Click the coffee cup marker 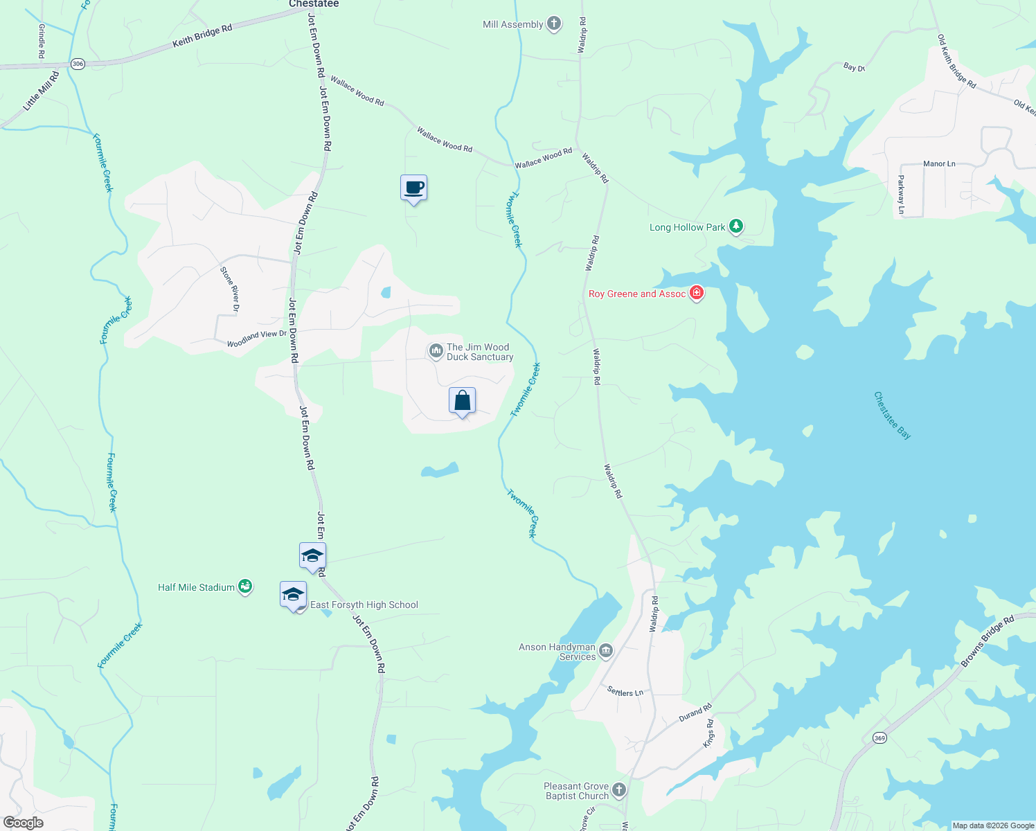[413, 188]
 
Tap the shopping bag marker [462, 401]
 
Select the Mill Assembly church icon [554, 24]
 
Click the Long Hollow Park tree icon [736, 226]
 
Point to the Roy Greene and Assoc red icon [697, 294]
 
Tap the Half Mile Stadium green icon [244, 587]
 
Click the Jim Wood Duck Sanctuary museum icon [436, 352]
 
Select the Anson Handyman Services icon [606, 650]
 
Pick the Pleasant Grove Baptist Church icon [619, 790]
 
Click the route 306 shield [78, 64]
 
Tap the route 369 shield [879, 738]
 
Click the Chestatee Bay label [892, 415]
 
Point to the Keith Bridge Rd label [202, 36]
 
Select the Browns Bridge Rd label [987, 641]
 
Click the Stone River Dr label [230, 289]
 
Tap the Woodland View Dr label [256, 339]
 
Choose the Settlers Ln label [625, 691]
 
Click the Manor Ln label [939, 164]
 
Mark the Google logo [23, 823]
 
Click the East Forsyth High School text [364, 605]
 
